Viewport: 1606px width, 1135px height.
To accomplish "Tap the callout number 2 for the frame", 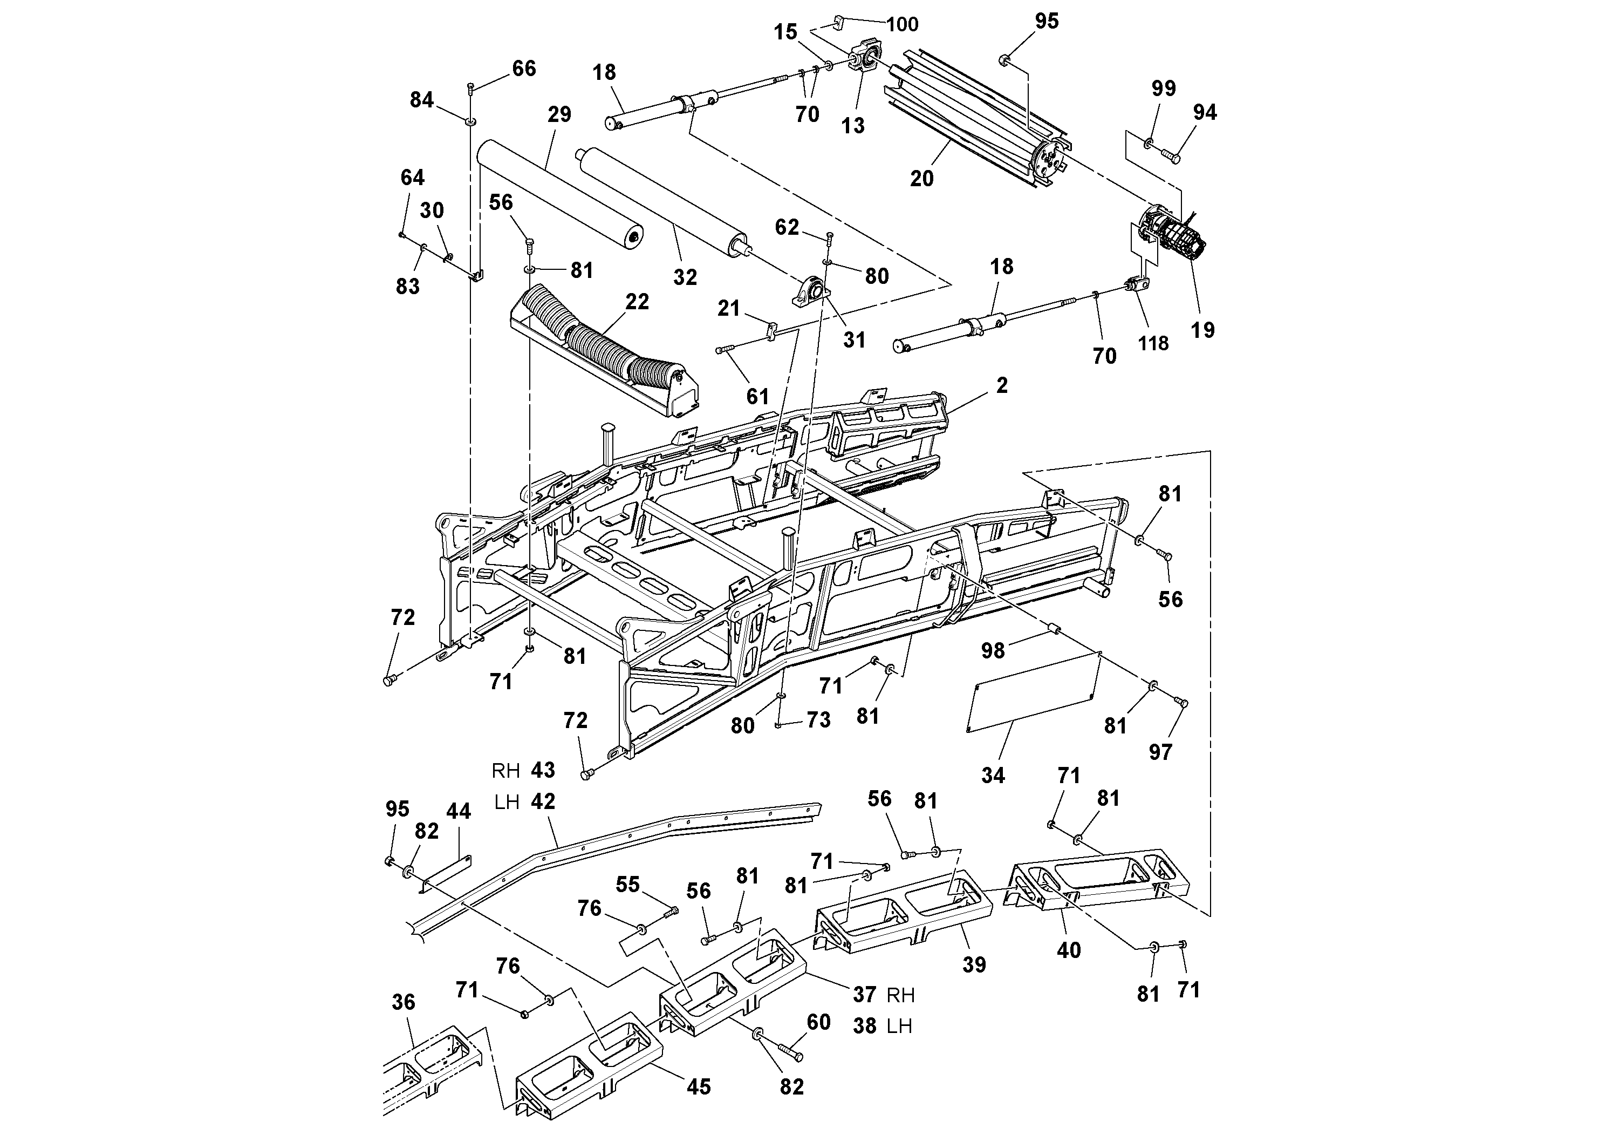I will [1002, 385].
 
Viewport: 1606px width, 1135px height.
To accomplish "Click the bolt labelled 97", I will [1181, 703].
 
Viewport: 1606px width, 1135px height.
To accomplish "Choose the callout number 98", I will [993, 651].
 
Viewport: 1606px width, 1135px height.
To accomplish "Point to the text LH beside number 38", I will [899, 1027].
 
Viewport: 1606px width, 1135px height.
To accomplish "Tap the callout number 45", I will [698, 1087].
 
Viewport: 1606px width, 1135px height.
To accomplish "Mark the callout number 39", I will [974, 965].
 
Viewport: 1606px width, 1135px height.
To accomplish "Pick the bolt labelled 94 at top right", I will [1170, 155].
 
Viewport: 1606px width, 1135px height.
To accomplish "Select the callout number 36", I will [404, 1002].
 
